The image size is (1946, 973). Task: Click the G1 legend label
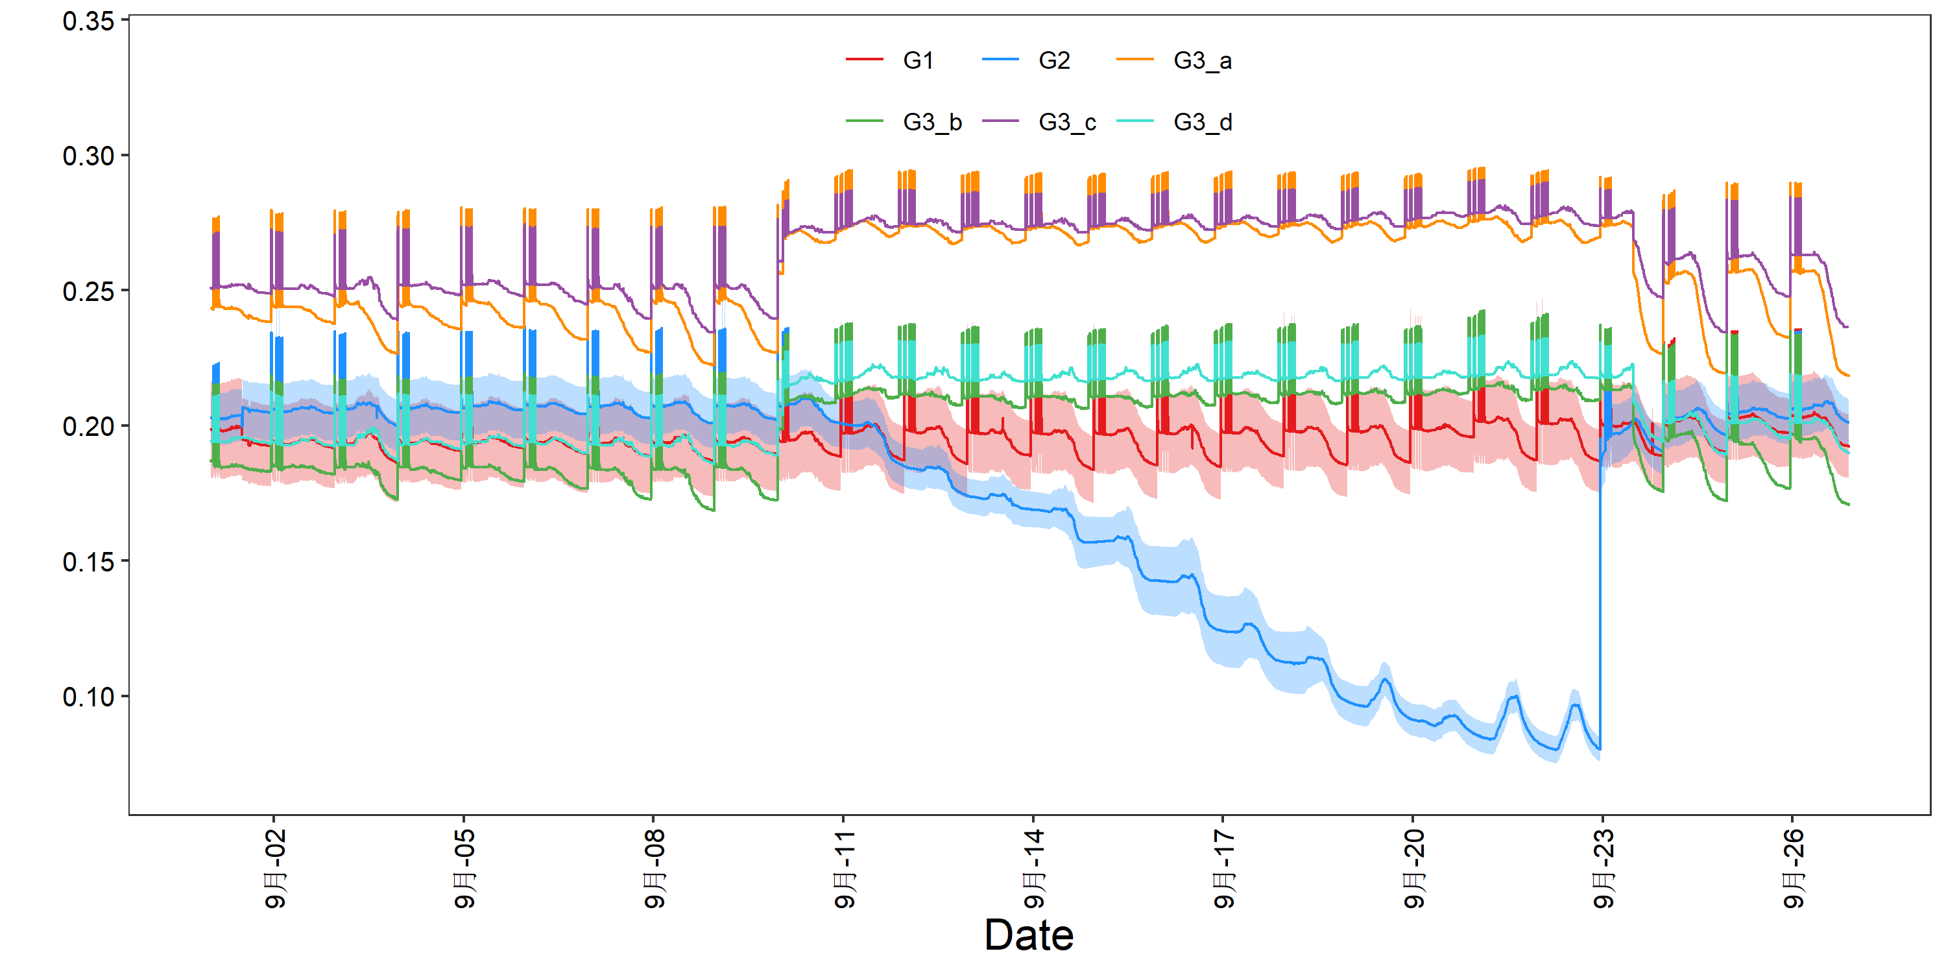click(918, 60)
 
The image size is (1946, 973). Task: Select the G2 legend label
click(1054, 60)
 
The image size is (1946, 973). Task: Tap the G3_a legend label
click(1203, 61)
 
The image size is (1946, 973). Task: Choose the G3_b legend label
click(932, 123)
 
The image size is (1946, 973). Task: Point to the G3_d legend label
click(1203, 123)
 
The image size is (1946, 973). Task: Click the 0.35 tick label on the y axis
click(88, 21)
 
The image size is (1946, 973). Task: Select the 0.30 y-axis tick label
click(88, 156)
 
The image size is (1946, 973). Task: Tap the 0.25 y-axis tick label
click(88, 292)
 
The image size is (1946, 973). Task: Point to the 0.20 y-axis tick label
click(88, 427)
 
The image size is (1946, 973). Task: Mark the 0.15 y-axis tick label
click(88, 562)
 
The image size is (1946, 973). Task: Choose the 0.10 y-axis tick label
click(88, 697)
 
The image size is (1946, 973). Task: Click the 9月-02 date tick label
click(275, 868)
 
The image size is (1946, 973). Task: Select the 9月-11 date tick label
click(844, 868)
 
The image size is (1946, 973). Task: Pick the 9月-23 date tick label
click(1603, 868)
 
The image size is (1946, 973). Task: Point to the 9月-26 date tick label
click(1793, 868)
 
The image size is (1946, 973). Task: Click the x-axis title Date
click(1029, 935)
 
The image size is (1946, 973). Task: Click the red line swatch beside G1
click(864, 59)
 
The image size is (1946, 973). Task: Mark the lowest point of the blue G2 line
click(1599, 749)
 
